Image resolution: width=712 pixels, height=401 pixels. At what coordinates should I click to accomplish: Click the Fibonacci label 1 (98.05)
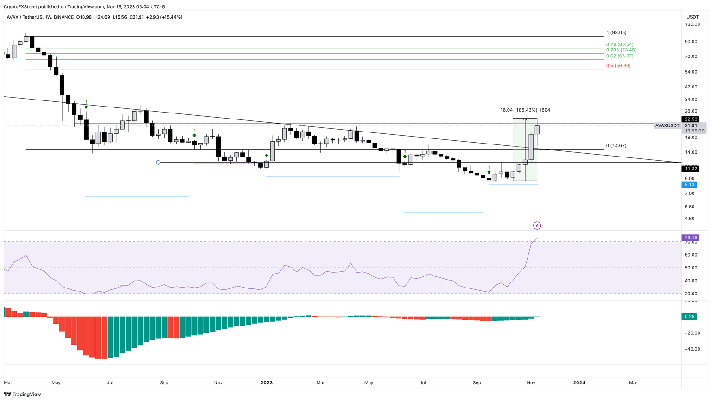pyautogui.click(x=616, y=33)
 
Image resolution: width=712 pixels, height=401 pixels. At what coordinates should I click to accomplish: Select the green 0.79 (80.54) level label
pyautogui.click(x=620, y=44)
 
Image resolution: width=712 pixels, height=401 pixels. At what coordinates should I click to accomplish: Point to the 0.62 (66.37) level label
pyautogui.click(x=620, y=56)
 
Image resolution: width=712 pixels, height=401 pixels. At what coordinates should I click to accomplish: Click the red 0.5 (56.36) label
pyautogui.click(x=618, y=66)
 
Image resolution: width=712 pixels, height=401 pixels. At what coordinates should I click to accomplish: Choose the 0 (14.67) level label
pyautogui.click(x=616, y=146)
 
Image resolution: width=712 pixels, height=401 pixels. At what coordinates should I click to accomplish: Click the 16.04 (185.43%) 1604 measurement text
pyautogui.click(x=525, y=110)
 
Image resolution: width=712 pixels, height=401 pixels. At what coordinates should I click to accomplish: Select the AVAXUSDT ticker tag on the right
pyautogui.click(x=667, y=125)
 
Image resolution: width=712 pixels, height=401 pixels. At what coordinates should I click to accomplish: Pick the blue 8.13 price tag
pyautogui.click(x=689, y=184)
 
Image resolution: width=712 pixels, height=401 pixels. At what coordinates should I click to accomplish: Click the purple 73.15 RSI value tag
pyautogui.click(x=690, y=238)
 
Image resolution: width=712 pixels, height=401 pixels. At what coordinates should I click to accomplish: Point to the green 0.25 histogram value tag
pyautogui.click(x=689, y=317)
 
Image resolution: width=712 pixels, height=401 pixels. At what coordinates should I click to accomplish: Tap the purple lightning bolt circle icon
pyautogui.click(x=537, y=226)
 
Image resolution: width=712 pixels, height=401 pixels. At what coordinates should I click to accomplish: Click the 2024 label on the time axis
pyautogui.click(x=579, y=383)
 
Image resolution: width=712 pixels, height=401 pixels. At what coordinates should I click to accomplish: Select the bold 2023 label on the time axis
pyautogui.click(x=267, y=383)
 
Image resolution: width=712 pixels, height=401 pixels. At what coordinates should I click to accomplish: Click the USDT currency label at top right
pyautogui.click(x=693, y=17)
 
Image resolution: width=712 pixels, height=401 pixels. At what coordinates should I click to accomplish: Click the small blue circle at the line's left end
pyautogui.click(x=159, y=163)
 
